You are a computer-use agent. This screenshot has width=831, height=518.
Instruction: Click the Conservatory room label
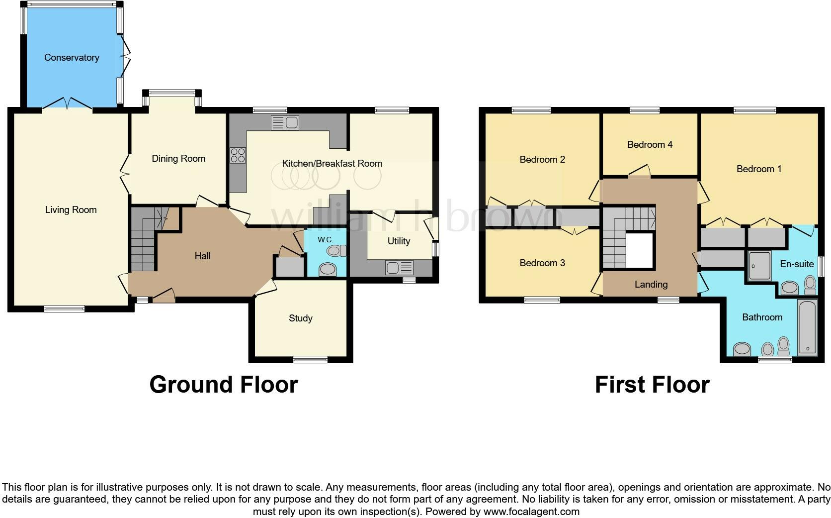tap(72, 58)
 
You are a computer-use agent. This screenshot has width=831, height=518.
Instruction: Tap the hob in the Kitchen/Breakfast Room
tap(238, 155)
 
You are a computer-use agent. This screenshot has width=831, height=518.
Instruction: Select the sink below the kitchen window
tap(285, 122)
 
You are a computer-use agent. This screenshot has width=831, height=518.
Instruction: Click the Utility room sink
tap(400, 268)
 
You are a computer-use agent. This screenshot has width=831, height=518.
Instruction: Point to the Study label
tap(301, 318)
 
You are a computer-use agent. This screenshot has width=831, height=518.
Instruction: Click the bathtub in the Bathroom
tap(807, 327)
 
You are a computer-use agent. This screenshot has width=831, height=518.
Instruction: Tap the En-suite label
tap(797, 264)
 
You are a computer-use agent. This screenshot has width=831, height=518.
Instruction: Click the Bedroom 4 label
tap(650, 145)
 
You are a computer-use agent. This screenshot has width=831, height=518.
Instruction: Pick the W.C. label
tap(326, 240)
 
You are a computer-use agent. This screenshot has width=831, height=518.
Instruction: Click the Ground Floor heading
tap(224, 385)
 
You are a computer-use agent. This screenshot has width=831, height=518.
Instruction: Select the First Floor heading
tap(652, 385)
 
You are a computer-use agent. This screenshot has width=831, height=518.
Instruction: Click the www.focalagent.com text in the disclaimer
tap(531, 512)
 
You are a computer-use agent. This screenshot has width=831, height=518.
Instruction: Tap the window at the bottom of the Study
tap(310, 359)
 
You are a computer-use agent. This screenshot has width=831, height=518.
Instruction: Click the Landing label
tap(651, 285)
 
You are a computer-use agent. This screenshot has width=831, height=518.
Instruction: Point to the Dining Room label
tap(178, 159)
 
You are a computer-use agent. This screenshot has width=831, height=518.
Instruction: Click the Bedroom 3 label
tap(542, 263)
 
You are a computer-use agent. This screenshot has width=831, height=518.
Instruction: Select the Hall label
tap(202, 256)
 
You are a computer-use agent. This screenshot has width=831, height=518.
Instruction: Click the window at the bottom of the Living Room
tap(64, 309)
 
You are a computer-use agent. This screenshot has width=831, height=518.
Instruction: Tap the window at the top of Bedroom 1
tap(754, 110)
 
